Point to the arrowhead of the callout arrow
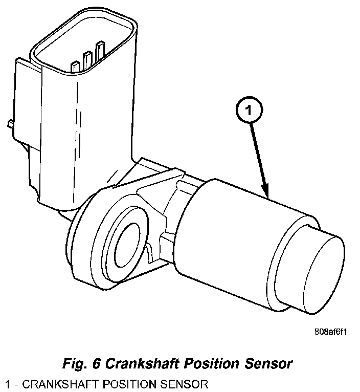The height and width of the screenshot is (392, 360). pos(266,193)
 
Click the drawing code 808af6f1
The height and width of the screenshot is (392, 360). pos(331,331)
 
